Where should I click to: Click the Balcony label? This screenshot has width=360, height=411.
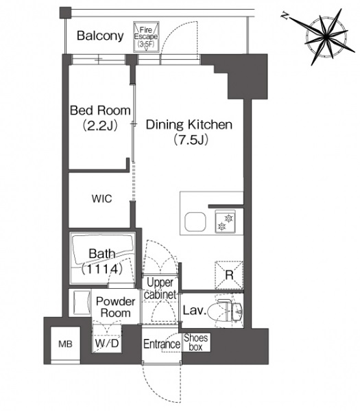[100, 36]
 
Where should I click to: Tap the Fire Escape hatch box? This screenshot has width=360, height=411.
[146, 36]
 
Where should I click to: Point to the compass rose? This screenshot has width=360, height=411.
[327, 36]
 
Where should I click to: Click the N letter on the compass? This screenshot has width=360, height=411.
[285, 16]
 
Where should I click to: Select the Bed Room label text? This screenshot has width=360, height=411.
[100, 110]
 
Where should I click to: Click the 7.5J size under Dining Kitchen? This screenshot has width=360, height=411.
[191, 140]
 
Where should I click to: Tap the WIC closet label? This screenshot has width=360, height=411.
[101, 199]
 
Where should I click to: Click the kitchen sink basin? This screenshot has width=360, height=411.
[195, 222]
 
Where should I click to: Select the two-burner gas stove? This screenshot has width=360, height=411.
[225, 222]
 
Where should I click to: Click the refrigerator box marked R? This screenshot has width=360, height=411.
[229, 275]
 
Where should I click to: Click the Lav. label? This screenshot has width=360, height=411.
[194, 310]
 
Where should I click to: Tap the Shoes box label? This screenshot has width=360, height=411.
[195, 342]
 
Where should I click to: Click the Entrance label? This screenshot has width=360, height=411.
[162, 344]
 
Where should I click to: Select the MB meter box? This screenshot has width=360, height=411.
[65, 344]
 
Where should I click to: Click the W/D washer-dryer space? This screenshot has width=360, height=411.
[107, 339]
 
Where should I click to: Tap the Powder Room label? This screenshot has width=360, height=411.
[116, 307]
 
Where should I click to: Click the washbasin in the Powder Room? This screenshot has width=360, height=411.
[80, 303]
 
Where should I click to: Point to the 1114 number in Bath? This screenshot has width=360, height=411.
[101, 269]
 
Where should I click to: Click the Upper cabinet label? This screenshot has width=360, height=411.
[160, 289]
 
